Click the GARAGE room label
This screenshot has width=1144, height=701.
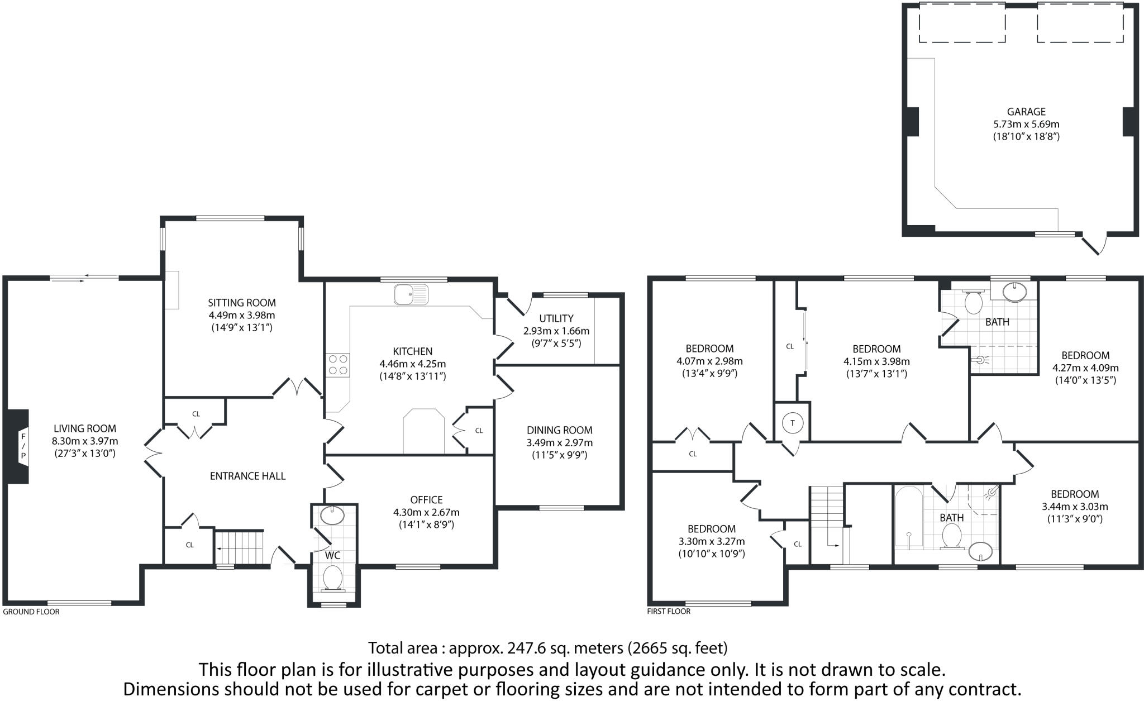point(1026,112)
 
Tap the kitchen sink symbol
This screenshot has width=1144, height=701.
point(411,294)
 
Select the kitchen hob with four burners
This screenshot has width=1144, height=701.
point(337,364)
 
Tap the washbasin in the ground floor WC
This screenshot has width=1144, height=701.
point(333,516)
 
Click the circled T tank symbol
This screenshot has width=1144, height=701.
point(792,423)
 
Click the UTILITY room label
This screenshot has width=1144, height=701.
point(556,318)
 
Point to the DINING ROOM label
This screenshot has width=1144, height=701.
point(559,430)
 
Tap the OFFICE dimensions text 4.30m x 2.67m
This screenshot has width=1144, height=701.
point(426,512)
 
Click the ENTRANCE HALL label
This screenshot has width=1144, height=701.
point(247,476)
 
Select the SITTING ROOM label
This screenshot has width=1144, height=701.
point(242,303)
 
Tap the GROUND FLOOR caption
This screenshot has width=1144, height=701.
point(31,612)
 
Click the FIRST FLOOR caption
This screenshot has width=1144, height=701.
point(669,612)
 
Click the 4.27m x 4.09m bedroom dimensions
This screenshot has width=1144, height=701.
point(1085,368)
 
